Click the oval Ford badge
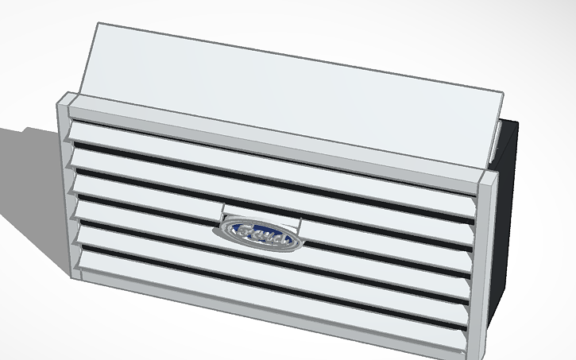tap(257, 235)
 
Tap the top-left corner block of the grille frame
tap(67, 102)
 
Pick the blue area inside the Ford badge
tap(257, 236)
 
